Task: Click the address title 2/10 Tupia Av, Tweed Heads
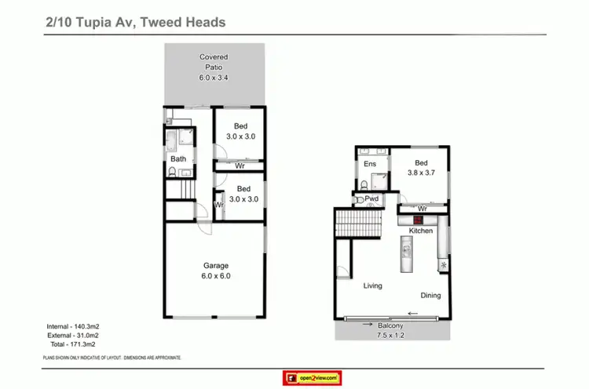pos(136,22)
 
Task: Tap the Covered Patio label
pos(214,67)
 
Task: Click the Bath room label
pos(179,159)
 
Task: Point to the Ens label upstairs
pos(370,164)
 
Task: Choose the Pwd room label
pos(372,199)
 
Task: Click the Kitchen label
pos(421,231)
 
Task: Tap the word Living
pos(372,285)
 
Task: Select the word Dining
pos(430,296)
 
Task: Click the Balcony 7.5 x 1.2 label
pos(390,331)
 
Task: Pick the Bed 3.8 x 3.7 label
pos(420,169)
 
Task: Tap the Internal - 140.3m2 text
pos(72,325)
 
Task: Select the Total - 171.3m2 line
pos(72,344)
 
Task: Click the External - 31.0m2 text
pos(72,335)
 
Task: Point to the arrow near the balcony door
pos(412,315)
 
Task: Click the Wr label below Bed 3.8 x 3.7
pos(423,209)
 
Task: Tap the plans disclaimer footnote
pos(112,358)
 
